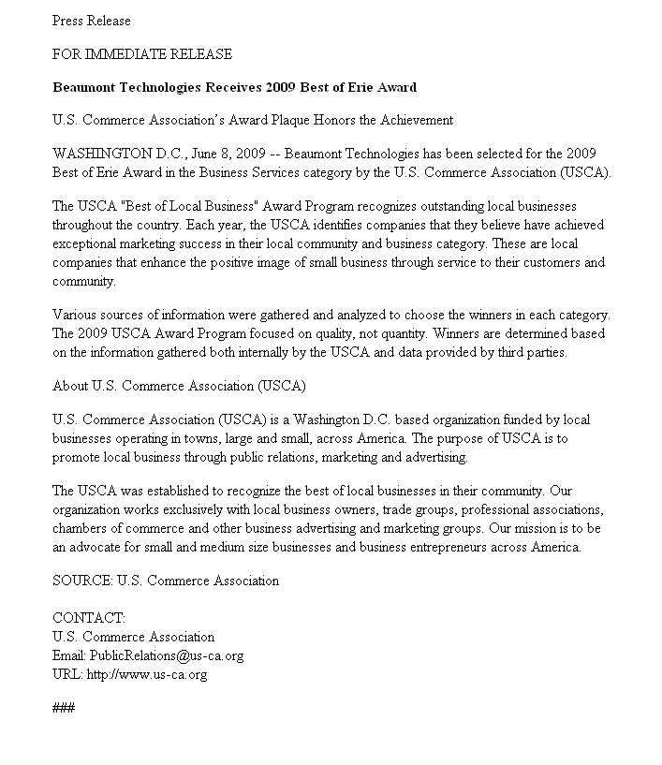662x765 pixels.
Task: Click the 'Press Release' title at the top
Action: tap(91, 21)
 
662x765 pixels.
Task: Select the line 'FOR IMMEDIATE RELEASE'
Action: tap(141, 54)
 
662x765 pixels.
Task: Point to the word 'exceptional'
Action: tap(86, 243)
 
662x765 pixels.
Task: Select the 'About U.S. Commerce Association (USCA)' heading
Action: tap(179, 386)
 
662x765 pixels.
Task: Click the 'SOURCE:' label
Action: tap(82, 581)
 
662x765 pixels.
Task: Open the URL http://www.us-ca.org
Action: tap(146, 674)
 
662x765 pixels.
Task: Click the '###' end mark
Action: tap(64, 708)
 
